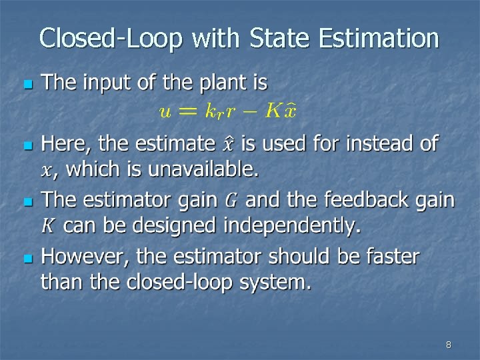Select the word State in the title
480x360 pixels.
coord(276,38)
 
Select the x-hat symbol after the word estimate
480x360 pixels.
coord(228,143)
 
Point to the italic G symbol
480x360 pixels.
coord(231,199)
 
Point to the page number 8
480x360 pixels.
coord(448,345)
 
